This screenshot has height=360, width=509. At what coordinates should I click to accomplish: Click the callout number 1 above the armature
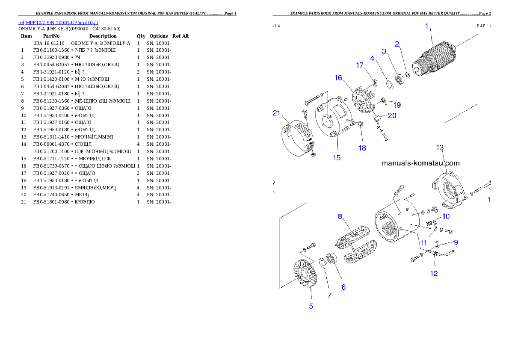coord(426,26)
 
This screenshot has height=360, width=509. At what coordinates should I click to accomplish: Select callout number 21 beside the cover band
coord(277,113)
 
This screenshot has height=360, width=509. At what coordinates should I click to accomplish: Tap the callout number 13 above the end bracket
coord(440,148)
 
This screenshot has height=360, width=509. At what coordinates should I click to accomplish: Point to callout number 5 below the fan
coord(311,306)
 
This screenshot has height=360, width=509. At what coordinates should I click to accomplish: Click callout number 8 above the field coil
coord(340,216)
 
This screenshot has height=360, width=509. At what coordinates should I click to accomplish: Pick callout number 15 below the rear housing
coord(337,157)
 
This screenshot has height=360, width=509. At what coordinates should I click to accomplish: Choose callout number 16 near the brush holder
coord(338,77)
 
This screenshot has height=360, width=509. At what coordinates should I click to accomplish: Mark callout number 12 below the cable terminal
coord(434,274)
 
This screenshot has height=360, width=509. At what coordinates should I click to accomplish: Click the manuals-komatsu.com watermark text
coord(420,163)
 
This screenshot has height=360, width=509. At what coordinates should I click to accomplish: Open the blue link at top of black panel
coord(59,22)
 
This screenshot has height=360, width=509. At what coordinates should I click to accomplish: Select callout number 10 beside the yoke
coord(446,216)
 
